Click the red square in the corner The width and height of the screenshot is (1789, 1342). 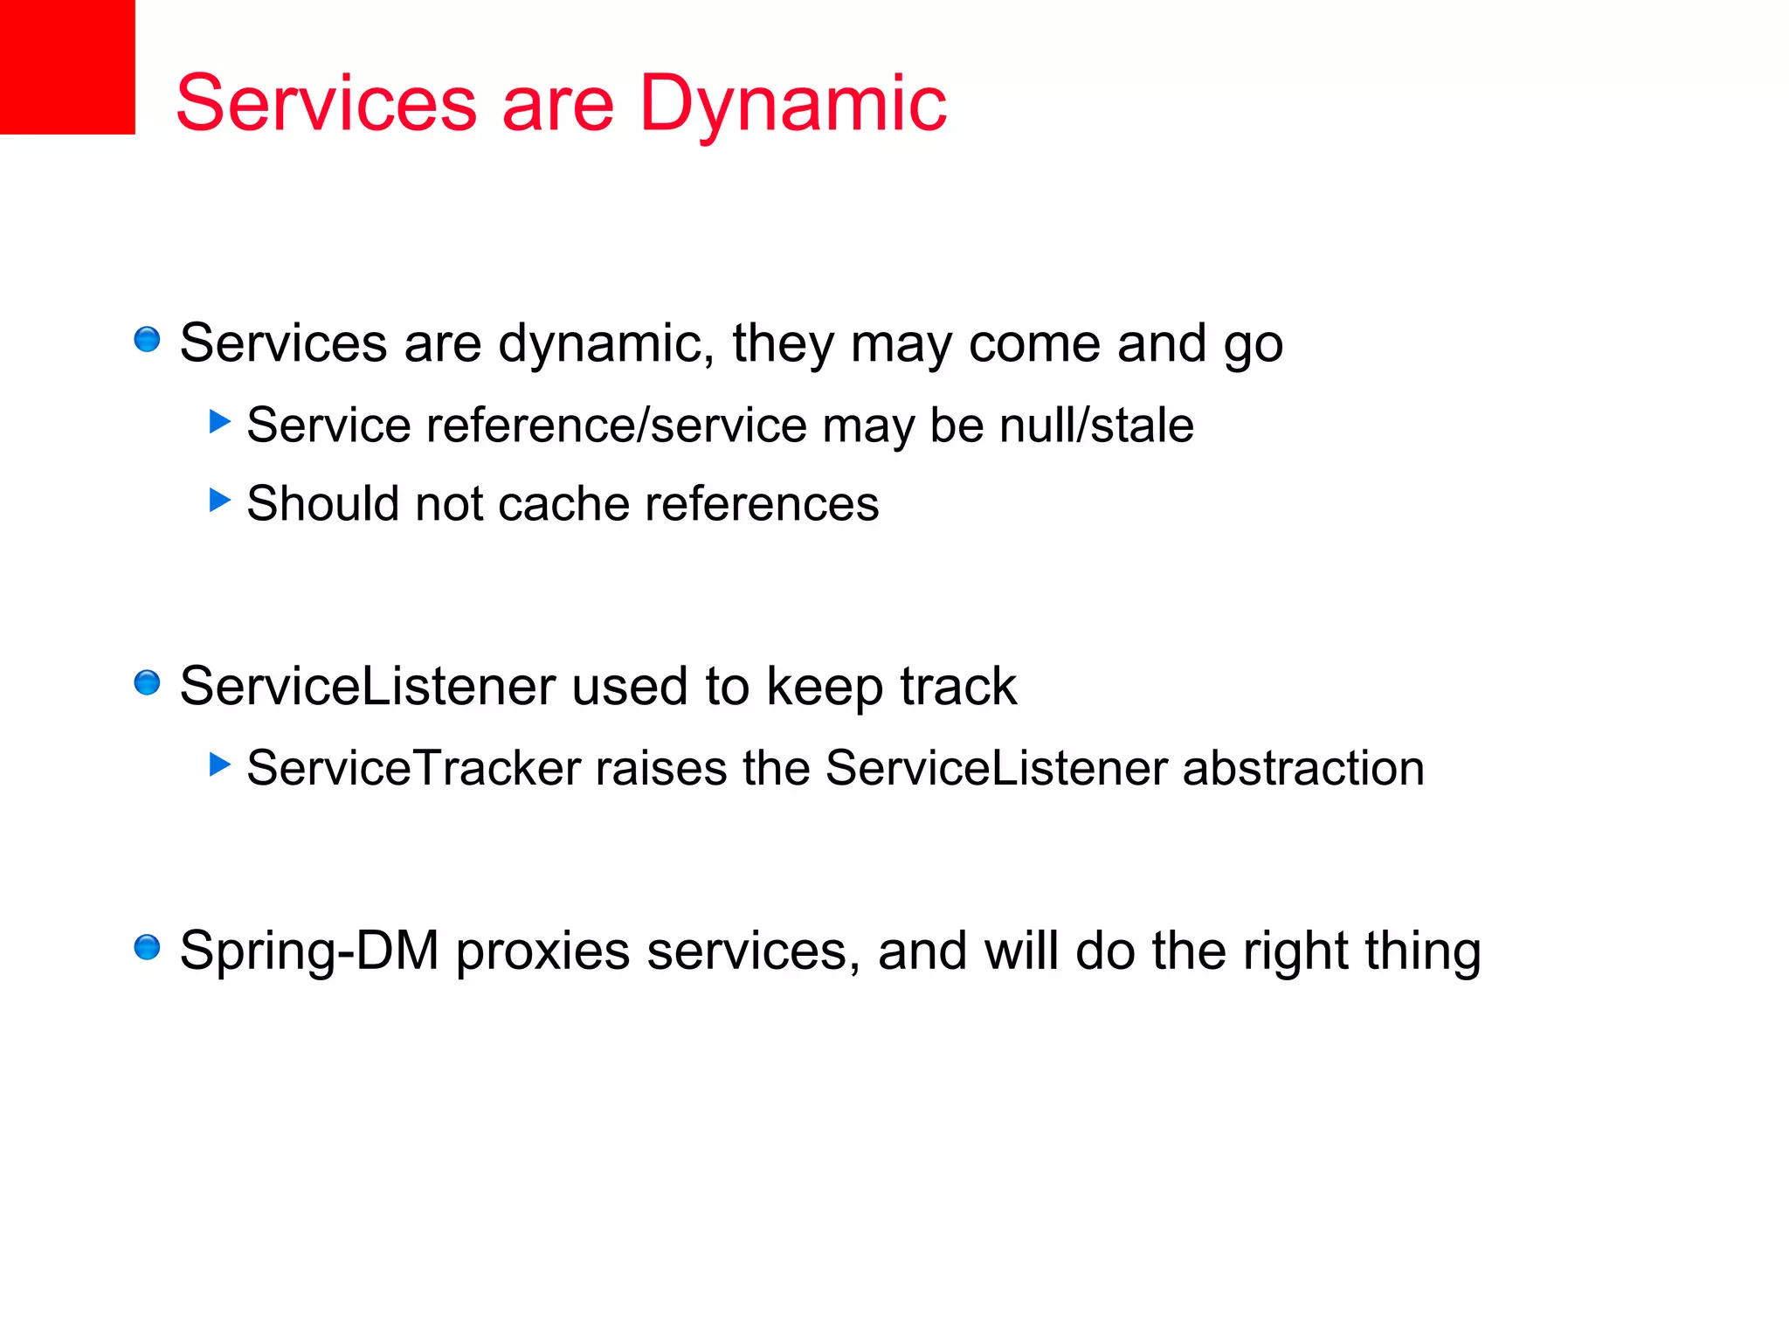pyautogui.click(x=67, y=66)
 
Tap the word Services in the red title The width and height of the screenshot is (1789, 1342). pyautogui.click(x=326, y=103)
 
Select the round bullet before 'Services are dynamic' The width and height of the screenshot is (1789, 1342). pyautogui.click(x=147, y=339)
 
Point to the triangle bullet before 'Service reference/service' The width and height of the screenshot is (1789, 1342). pyautogui.click(x=219, y=422)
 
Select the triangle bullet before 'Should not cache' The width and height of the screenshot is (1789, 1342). pyautogui.click(x=219, y=501)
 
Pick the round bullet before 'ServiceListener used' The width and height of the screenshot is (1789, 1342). pyautogui.click(x=147, y=682)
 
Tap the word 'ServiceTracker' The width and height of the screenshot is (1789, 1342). pyautogui.click(x=414, y=768)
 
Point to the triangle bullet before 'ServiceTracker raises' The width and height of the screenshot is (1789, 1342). pyautogui.click(x=219, y=765)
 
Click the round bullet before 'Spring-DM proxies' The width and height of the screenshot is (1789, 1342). pyautogui.click(x=147, y=947)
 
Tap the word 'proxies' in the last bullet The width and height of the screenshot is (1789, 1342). pyautogui.click(x=542, y=951)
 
